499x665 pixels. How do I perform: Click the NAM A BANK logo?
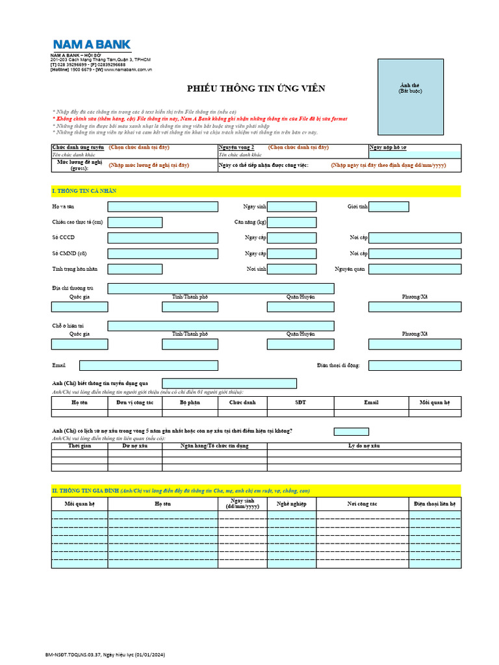[x=92, y=45]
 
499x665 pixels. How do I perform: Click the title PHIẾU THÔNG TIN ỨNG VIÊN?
[x=256, y=88]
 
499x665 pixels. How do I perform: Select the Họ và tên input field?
[x=162, y=207]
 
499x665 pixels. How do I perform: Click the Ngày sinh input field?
[x=292, y=207]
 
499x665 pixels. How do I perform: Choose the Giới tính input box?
[x=389, y=207]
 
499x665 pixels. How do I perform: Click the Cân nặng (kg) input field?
[x=292, y=222]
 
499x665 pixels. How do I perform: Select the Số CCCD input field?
[x=162, y=238]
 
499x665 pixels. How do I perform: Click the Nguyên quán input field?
[x=415, y=269]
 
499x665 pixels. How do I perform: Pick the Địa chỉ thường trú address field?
[x=221, y=288]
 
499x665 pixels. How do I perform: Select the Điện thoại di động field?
[x=415, y=366]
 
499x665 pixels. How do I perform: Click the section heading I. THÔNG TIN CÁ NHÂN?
[x=84, y=191]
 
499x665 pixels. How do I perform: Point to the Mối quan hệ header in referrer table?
[x=435, y=403]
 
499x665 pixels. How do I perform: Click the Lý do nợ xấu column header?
[x=364, y=446]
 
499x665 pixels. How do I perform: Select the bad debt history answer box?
[x=351, y=431]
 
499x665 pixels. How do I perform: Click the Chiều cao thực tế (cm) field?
[x=135, y=222]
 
